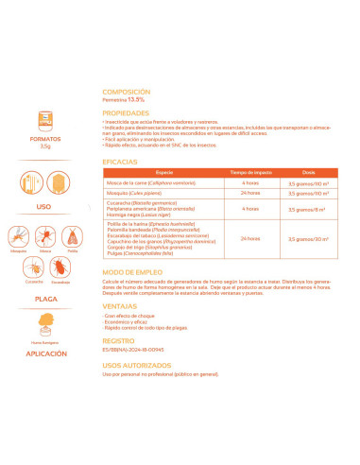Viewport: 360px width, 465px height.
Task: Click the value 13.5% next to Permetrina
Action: click(138, 100)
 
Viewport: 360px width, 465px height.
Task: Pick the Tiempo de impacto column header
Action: click(250, 173)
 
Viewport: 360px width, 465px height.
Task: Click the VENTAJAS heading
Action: click(119, 304)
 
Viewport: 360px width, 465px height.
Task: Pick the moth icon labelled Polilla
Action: click(72, 237)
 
